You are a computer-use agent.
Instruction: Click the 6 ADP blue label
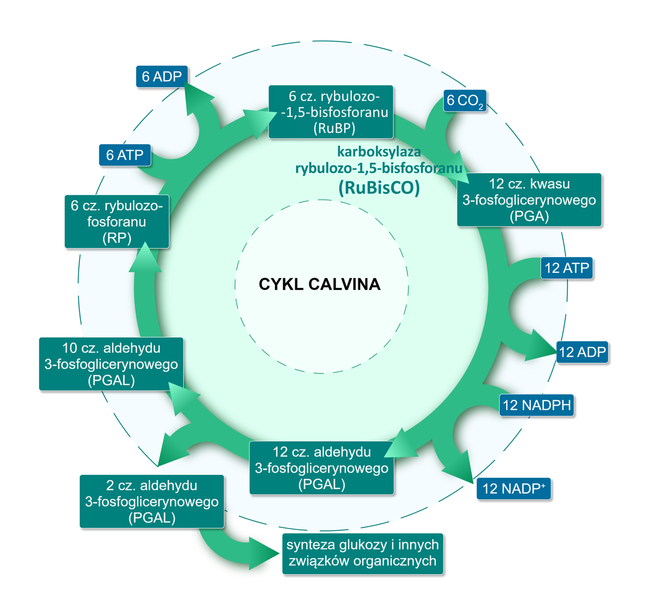point(162,76)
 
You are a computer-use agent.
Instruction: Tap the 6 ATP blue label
point(125,155)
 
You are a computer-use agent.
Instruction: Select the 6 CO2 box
point(465,101)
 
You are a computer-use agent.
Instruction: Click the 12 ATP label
point(567,268)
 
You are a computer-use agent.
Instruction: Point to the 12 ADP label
point(582,352)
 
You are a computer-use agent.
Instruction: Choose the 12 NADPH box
point(536,405)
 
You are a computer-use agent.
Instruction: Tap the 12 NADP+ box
point(513,489)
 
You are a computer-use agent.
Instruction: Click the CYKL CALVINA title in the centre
point(319,284)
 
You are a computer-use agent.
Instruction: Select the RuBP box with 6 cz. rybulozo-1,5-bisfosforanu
point(331,112)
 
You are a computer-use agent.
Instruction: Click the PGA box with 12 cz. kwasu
point(529,200)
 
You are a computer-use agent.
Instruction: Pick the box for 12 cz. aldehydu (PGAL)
point(321,468)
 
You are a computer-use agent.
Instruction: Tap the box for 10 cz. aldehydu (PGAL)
point(111,364)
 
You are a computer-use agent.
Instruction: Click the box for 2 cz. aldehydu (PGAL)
point(152,501)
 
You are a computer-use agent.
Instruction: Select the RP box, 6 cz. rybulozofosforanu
point(117,222)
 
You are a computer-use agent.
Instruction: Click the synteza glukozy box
point(362,553)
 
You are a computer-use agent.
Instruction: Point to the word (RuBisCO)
point(379,188)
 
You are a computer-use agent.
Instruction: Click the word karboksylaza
point(379,152)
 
